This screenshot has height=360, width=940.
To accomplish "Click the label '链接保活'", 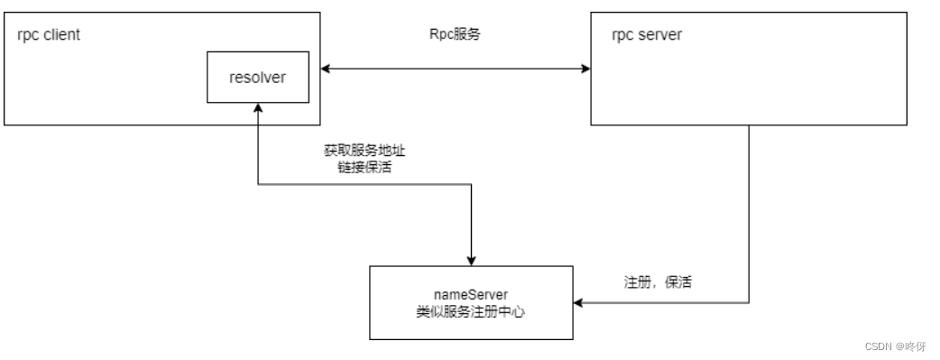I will pyautogui.click(x=358, y=167).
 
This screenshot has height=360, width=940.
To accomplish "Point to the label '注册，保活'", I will pyautogui.click(x=657, y=282).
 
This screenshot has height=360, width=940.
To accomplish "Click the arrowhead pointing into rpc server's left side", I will pyautogui.click(x=585, y=68).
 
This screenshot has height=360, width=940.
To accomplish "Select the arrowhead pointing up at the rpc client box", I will pyautogui.click(x=259, y=107).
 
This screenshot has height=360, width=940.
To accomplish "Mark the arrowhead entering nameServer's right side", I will pyautogui.click(x=578, y=303).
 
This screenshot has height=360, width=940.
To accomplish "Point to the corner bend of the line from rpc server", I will pyautogui.click(x=749, y=303).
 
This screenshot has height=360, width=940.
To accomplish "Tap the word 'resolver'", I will pyautogui.click(x=257, y=77).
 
